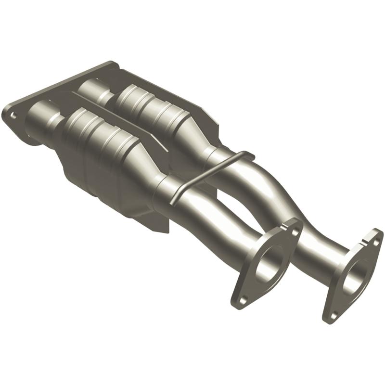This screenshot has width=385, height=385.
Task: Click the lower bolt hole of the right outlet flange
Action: tap(332, 314)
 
